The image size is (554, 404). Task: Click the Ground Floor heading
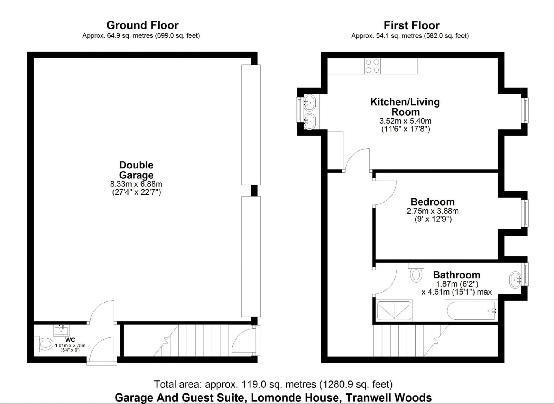click(142, 25)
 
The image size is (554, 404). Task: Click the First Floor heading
click(412, 25)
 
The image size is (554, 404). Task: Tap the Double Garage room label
click(136, 170)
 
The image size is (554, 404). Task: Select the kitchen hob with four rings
click(372, 66)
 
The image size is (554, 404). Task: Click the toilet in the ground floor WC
click(44, 344)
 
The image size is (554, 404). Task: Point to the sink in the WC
click(61, 330)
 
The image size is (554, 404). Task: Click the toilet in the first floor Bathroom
click(416, 274)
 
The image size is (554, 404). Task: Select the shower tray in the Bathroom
click(394, 311)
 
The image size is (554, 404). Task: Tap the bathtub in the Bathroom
click(471, 311)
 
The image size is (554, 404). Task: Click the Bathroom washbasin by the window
click(515, 280)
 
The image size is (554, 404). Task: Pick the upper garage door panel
click(251, 124)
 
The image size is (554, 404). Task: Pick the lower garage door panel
click(251, 257)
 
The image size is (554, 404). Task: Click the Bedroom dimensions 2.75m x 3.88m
click(432, 211)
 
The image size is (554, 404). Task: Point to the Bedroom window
click(525, 213)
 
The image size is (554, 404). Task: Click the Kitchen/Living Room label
click(405, 107)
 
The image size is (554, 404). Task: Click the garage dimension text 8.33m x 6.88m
click(136, 184)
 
